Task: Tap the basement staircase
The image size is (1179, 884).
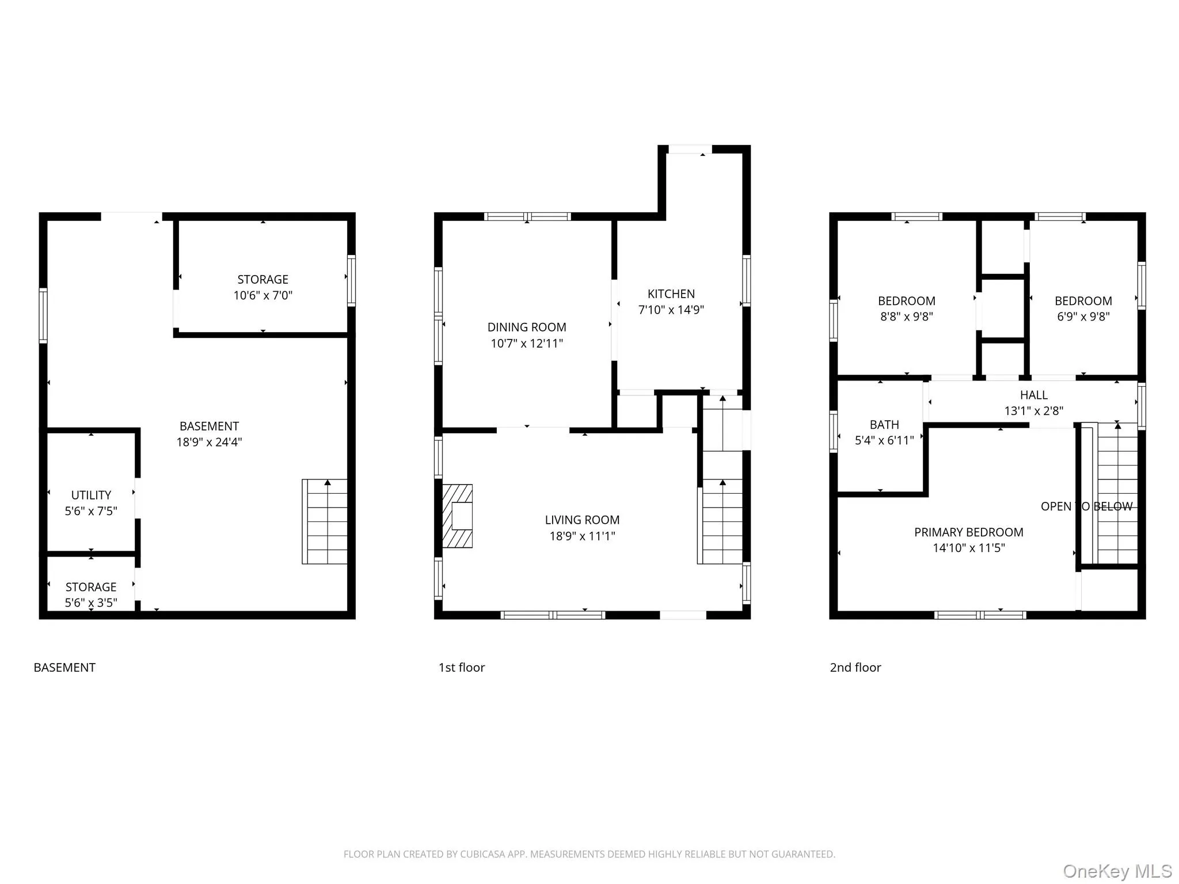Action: click(325, 521)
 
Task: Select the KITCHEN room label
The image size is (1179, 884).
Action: click(671, 294)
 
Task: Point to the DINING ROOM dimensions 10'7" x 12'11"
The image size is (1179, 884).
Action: click(526, 344)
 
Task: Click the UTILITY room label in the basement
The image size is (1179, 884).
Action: click(91, 495)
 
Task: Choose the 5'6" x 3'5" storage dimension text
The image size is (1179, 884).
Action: click(91, 603)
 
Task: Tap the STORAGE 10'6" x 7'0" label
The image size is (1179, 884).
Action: click(263, 287)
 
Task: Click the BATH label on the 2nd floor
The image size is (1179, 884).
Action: click(884, 425)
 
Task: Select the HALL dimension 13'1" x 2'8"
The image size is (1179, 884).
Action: click(1033, 411)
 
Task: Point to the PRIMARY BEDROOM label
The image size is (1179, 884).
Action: click(968, 532)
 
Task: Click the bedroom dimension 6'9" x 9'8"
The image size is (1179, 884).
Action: click(1083, 317)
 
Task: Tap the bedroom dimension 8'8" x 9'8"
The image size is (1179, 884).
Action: click(906, 317)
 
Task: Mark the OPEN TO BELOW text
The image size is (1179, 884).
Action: click(1086, 506)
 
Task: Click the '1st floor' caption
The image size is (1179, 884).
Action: click(462, 668)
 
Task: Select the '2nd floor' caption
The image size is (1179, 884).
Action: click(855, 668)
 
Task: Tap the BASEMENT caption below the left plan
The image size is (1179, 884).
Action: click(64, 668)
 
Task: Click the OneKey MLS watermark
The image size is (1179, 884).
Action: click(1117, 871)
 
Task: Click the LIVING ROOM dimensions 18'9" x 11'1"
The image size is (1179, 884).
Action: click(582, 536)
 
